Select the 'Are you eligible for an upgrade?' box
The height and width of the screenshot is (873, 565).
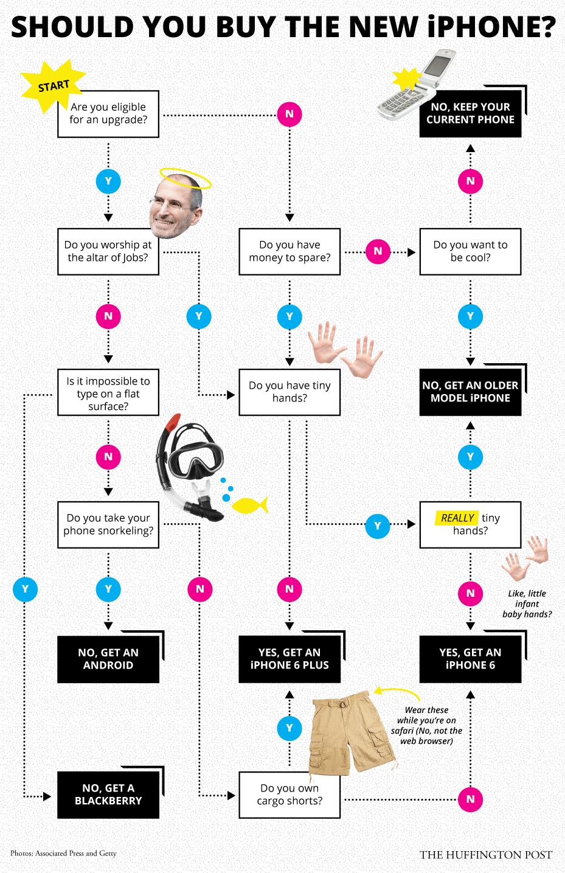[x=108, y=114]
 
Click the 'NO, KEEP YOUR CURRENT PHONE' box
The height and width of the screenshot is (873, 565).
[x=470, y=113]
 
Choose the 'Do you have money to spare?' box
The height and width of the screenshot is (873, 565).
[x=289, y=251]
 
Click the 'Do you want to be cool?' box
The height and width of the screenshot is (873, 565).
[x=470, y=251]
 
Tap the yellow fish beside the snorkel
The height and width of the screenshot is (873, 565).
[x=249, y=505]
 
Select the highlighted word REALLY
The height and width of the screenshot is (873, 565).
[x=457, y=518]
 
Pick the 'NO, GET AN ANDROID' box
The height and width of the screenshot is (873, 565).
[x=108, y=659]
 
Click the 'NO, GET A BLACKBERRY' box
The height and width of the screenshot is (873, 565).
[x=108, y=795]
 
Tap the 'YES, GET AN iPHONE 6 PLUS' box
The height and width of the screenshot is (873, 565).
[x=289, y=659]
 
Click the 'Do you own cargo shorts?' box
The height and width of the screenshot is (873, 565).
[x=289, y=795]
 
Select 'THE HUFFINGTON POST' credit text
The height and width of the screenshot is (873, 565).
[x=485, y=855]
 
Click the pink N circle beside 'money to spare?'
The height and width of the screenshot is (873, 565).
[x=378, y=251]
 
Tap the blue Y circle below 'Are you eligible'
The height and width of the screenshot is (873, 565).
[x=108, y=181]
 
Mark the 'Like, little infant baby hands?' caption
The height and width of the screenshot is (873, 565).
[x=527, y=603]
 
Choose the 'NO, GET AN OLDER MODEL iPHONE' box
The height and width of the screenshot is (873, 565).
[x=470, y=392]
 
